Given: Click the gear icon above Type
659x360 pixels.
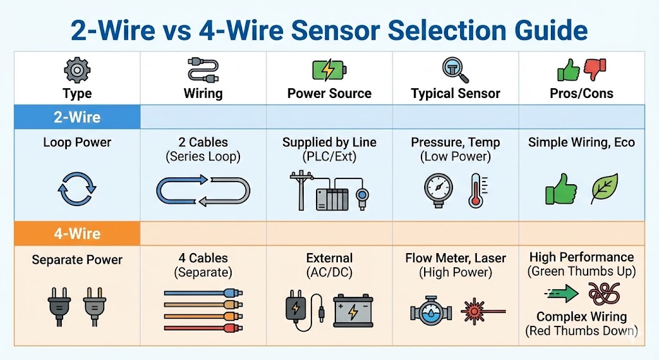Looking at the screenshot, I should [77, 69].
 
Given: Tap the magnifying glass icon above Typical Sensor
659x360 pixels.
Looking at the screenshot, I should [455, 69].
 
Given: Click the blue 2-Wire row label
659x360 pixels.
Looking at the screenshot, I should [77, 117].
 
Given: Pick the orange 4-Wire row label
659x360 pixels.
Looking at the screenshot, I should [77, 233].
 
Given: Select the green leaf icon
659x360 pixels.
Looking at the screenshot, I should [604, 188].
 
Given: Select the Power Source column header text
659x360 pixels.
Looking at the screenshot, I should [329, 93].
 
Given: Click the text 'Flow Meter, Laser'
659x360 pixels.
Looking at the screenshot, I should [456, 258].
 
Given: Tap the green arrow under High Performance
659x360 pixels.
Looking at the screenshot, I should [562, 295].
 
